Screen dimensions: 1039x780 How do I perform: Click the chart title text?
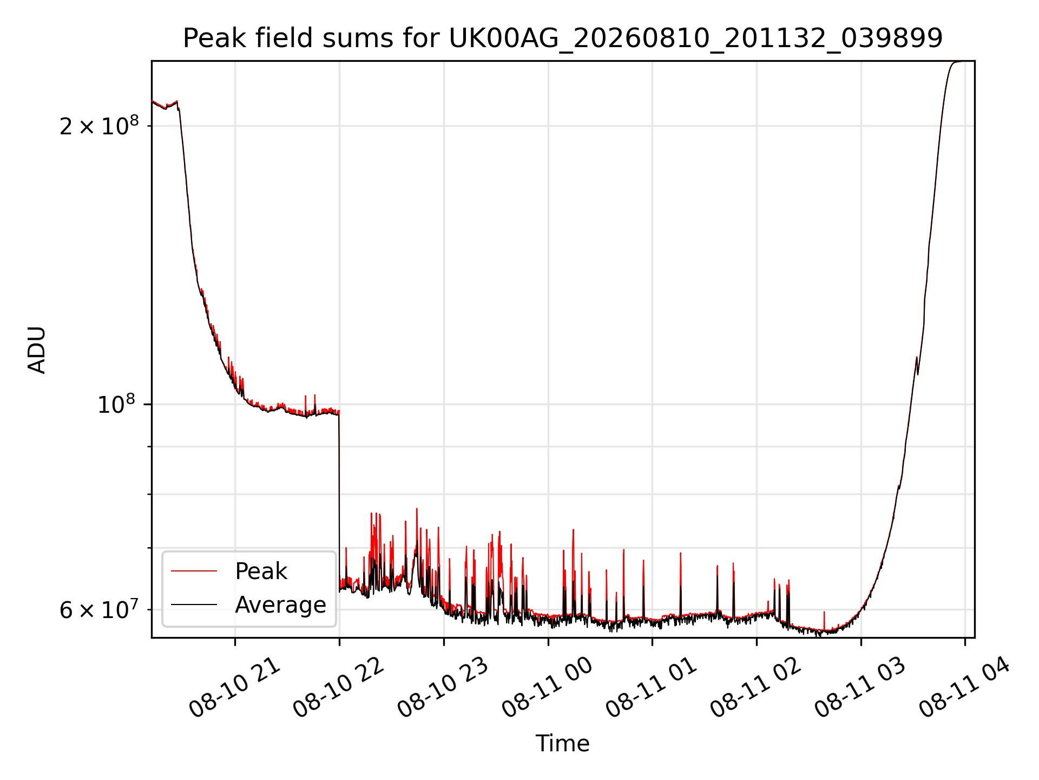click(563, 38)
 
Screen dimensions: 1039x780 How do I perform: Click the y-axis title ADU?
click(37, 350)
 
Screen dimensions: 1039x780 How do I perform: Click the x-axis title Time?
click(563, 744)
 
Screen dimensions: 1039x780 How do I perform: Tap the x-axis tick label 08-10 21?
click(235, 688)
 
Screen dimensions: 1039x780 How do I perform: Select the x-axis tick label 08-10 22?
click(339, 688)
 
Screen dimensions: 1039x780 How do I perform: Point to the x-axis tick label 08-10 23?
click(443, 688)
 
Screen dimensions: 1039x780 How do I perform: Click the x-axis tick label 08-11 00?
click(548, 688)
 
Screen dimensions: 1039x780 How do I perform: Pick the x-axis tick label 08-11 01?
click(652, 688)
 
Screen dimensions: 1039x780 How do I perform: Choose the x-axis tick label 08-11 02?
click(756, 688)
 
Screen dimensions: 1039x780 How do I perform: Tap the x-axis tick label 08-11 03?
click(860, 688)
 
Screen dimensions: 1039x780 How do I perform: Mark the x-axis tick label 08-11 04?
click(965, 688)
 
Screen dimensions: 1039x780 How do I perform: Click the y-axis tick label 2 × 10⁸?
click(99, 126)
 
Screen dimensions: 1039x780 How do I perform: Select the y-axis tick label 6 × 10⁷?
click(99, 609)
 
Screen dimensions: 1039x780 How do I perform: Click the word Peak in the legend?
click(261, 571)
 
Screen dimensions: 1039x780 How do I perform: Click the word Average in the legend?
click(280, 605)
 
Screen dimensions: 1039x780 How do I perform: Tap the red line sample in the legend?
click(194, 571)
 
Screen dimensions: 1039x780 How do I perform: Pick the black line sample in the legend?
click(194, 604)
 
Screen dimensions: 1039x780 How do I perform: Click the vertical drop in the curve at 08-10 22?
click(339, 501)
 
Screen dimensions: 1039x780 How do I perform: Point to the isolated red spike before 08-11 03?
click(824, 621)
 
